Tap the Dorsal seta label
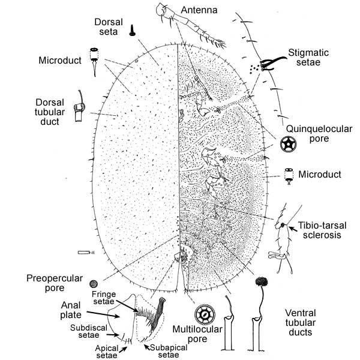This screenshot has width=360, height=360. [x=109, y=26]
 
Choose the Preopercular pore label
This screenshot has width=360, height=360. [x=51, y=283]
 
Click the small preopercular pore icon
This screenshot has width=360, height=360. [x=93, y=284]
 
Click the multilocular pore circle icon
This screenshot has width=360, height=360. [x=205, y=313]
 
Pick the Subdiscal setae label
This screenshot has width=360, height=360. [x=87, y=328]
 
